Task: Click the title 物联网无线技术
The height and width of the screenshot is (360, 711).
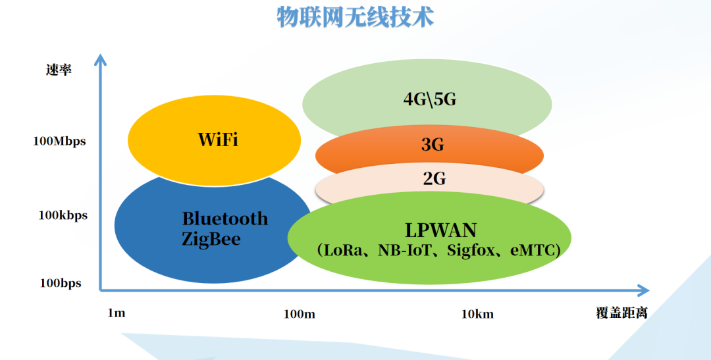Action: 355,16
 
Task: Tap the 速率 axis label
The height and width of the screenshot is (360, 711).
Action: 59,70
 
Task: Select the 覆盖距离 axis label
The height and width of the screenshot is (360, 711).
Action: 621,313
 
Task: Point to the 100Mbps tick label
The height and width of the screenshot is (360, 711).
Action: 59,141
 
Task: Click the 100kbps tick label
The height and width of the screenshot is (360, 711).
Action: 63,215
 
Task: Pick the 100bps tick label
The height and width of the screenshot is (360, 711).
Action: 61,284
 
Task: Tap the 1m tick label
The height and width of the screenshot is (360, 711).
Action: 117,313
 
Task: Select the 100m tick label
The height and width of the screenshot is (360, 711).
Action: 300,314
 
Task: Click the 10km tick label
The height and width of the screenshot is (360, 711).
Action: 477,314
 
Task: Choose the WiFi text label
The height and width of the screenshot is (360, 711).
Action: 218,140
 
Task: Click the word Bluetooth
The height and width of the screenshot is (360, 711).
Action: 225,219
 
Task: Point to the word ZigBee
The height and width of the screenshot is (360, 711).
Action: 211,239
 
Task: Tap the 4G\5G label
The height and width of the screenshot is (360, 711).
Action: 430,99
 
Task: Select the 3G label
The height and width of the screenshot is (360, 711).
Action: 433,145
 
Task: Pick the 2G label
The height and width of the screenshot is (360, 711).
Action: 434,178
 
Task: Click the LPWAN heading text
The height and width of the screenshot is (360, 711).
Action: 440,230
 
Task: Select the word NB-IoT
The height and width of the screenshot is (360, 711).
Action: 404,250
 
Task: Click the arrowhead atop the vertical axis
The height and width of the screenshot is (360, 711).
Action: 100,60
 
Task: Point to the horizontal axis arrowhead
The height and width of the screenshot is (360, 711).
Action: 643,290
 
